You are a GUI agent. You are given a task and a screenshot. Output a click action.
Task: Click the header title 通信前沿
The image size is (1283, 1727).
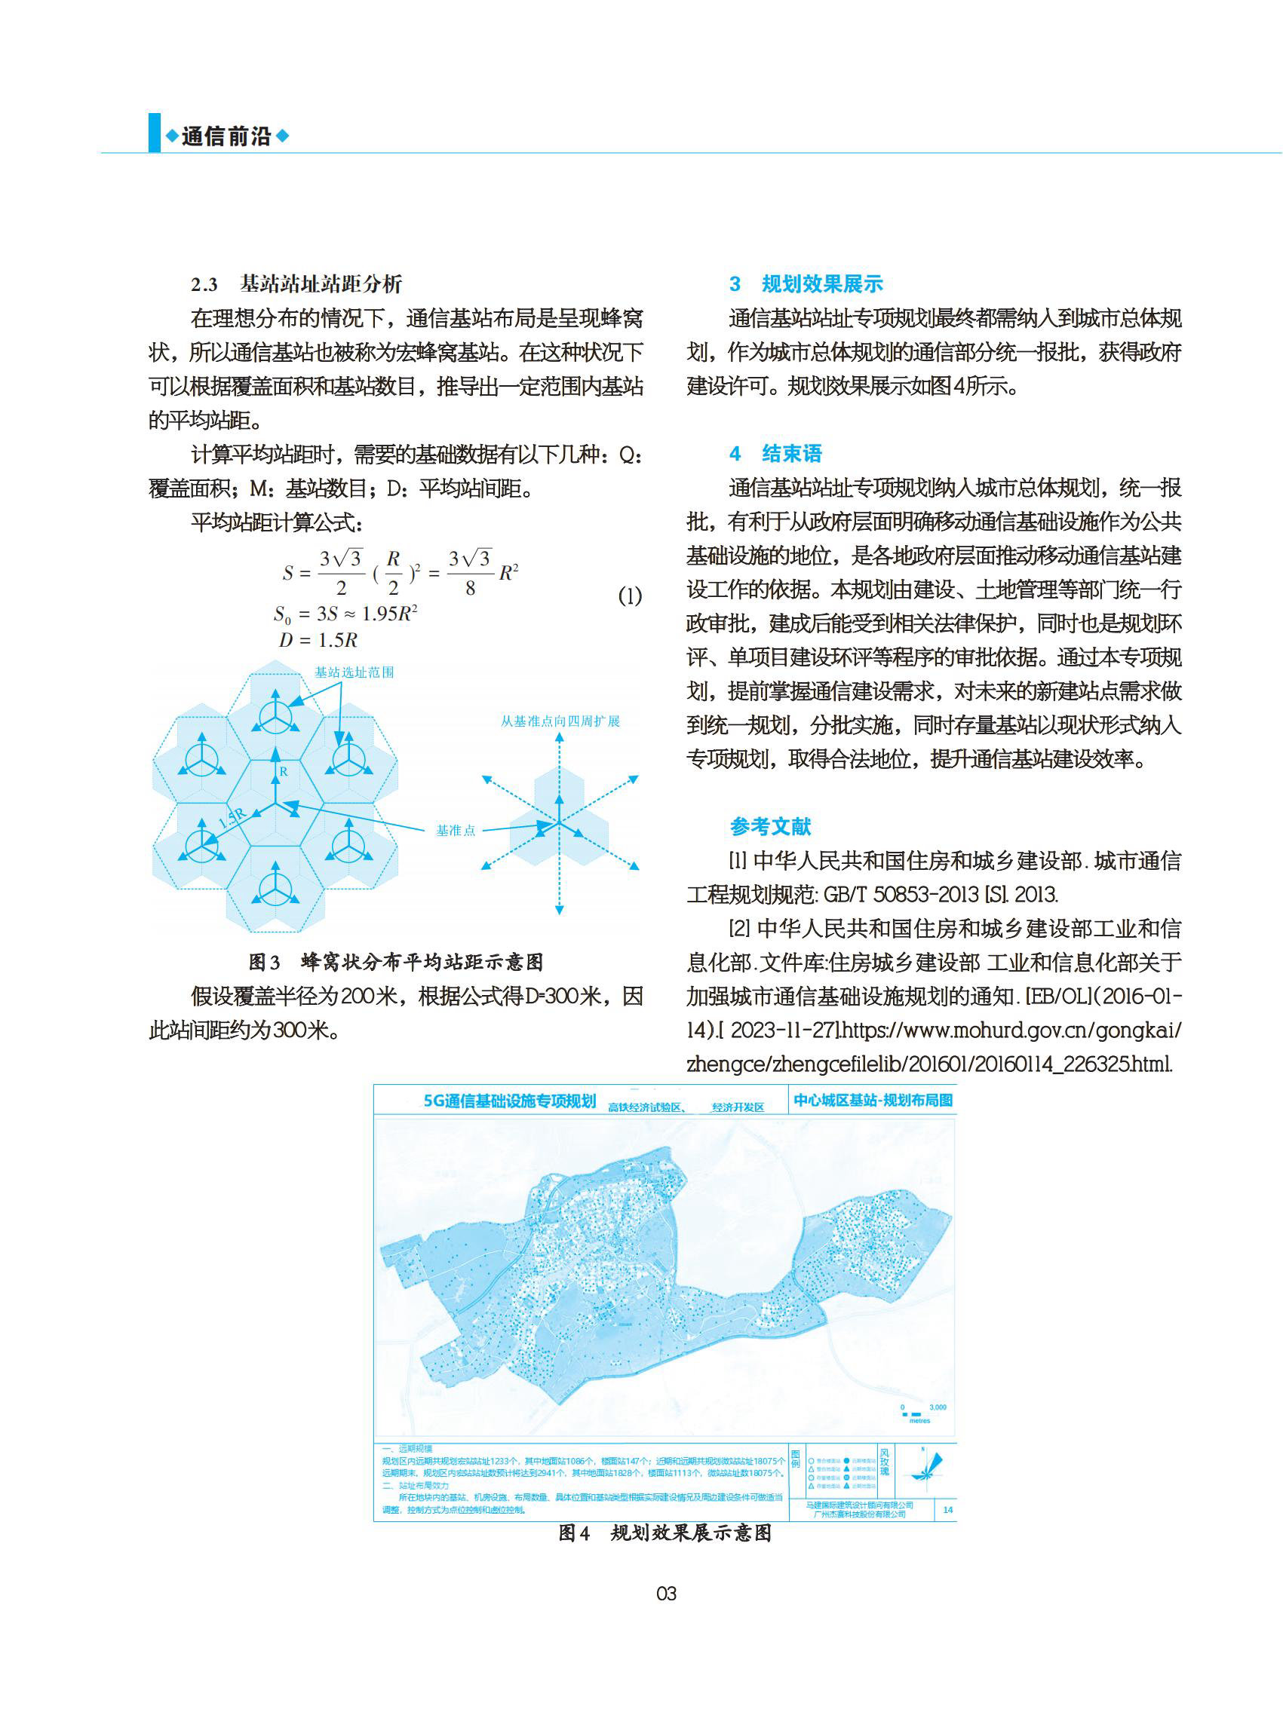point(226,136)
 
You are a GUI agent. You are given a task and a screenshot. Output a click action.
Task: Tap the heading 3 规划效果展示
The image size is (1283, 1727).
point(806,284)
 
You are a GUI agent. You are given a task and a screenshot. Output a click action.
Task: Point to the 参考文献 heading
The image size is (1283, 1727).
point(770,827)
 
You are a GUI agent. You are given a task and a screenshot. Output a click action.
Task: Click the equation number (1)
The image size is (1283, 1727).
point(630,596)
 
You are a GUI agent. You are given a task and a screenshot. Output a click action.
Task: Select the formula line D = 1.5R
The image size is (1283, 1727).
point(318,640)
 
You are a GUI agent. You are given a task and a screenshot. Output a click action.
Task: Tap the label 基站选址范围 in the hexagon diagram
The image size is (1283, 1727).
point(355,672)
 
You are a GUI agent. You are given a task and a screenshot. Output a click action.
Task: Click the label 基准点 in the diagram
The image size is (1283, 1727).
point(455,831)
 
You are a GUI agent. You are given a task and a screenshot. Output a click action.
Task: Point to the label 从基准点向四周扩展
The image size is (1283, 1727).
point(560,721)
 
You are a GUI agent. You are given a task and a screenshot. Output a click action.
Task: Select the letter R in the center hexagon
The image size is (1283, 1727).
point(284,771)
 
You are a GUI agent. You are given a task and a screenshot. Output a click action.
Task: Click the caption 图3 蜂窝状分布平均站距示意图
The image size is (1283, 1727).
point(395,963)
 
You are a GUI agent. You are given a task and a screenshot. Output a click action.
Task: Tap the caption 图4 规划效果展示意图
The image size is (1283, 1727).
point(665,1533)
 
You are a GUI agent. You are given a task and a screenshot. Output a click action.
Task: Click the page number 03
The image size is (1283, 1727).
point(666,1594)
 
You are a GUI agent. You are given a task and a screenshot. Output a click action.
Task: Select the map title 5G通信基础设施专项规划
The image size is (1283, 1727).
point(509,1101)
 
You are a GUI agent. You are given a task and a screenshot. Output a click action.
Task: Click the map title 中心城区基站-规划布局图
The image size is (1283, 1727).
point(873,1100)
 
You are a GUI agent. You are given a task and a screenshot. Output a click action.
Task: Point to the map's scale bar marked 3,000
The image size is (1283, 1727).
point(919,1414)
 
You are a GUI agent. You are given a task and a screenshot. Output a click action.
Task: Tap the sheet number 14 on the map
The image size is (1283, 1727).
point(947,1510)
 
